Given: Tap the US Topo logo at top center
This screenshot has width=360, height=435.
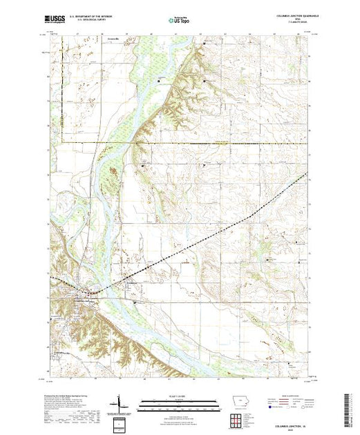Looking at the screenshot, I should (178, 21).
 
